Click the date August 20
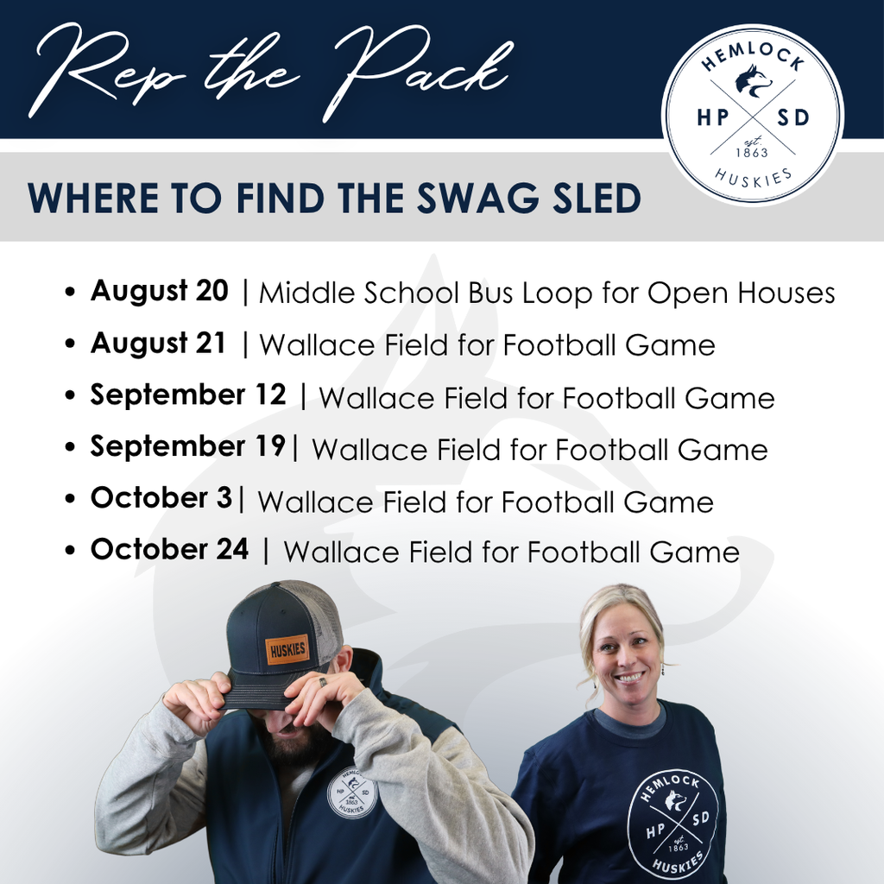pyautogui.click(x=159, y=292)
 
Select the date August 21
pyautogui.click(x=158, y=344)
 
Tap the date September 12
pyautogui.click(x=188, y=395)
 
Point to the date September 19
pyautogui.click(x=187, y=447)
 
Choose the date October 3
pyautogui.click(x=161, y=499)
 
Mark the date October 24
pyautogui.click(x=169, y=550)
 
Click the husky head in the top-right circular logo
pyautogui.click(x=753, y=81)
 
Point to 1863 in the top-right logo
pyautogui.click(x=752, y=153)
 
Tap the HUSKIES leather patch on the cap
pyautogui.click(x=287, y=649)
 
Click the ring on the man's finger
pyautogui.click(x=322, y=682)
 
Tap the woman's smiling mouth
pyautogui.click(x=628, y=678)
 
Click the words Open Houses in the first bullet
pyautogui.click(x=742, y=294)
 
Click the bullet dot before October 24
pyautogui.click(x=71, y=552)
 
